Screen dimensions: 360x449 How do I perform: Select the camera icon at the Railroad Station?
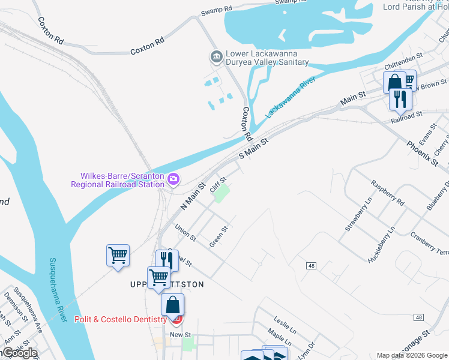coord(173,178)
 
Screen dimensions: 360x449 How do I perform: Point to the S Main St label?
coord(252,148)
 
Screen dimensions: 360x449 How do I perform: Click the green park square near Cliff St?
coord(223,194)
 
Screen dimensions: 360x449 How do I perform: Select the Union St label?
coord(185,232)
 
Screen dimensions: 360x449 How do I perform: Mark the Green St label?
coord(219,236)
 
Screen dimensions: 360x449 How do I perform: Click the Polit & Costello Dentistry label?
coord(120,319)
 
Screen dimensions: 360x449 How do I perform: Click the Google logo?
coord(20,352)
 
